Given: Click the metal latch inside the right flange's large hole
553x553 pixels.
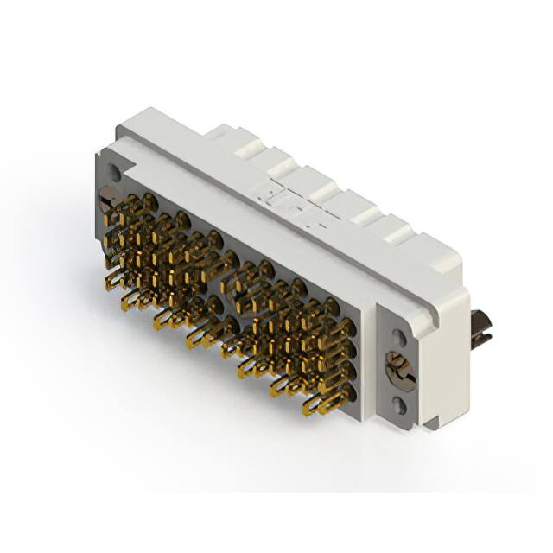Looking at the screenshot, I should click(400, 369).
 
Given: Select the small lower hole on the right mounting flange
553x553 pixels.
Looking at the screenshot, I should click(400, 403).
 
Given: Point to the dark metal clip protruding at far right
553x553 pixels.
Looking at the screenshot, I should click(480, 328).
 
